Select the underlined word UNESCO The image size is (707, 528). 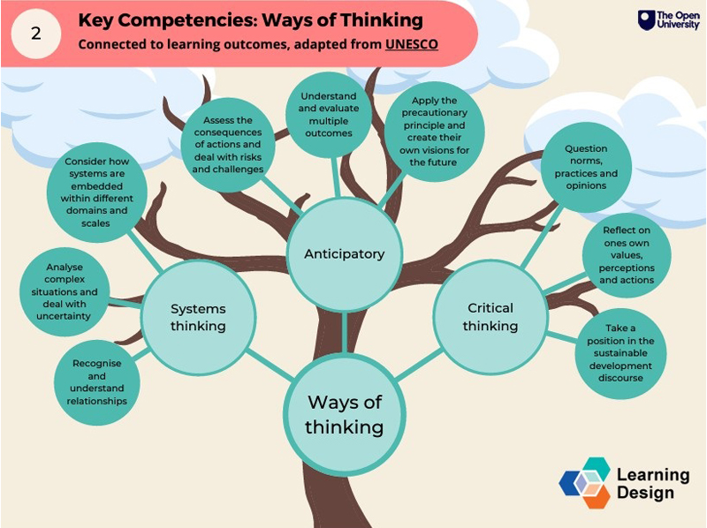pos(412,44)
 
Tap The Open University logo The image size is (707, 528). pos(668,20)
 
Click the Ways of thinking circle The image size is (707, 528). pos(345,414)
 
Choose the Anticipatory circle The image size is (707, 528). pos(344,254)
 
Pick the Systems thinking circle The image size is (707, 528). pos(198,318)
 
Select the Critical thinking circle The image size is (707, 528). pos(490,316)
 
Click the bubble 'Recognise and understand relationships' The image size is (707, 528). pos(97,382)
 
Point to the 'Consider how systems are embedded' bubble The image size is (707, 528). pos(99,193)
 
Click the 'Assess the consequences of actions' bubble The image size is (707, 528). pos(227,145)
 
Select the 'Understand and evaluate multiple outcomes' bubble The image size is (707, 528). pos(326,115)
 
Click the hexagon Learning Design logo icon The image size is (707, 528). pos(585,482)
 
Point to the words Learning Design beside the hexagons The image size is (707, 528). pos(651,483)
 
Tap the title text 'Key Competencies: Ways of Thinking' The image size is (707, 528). pos(250,19)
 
